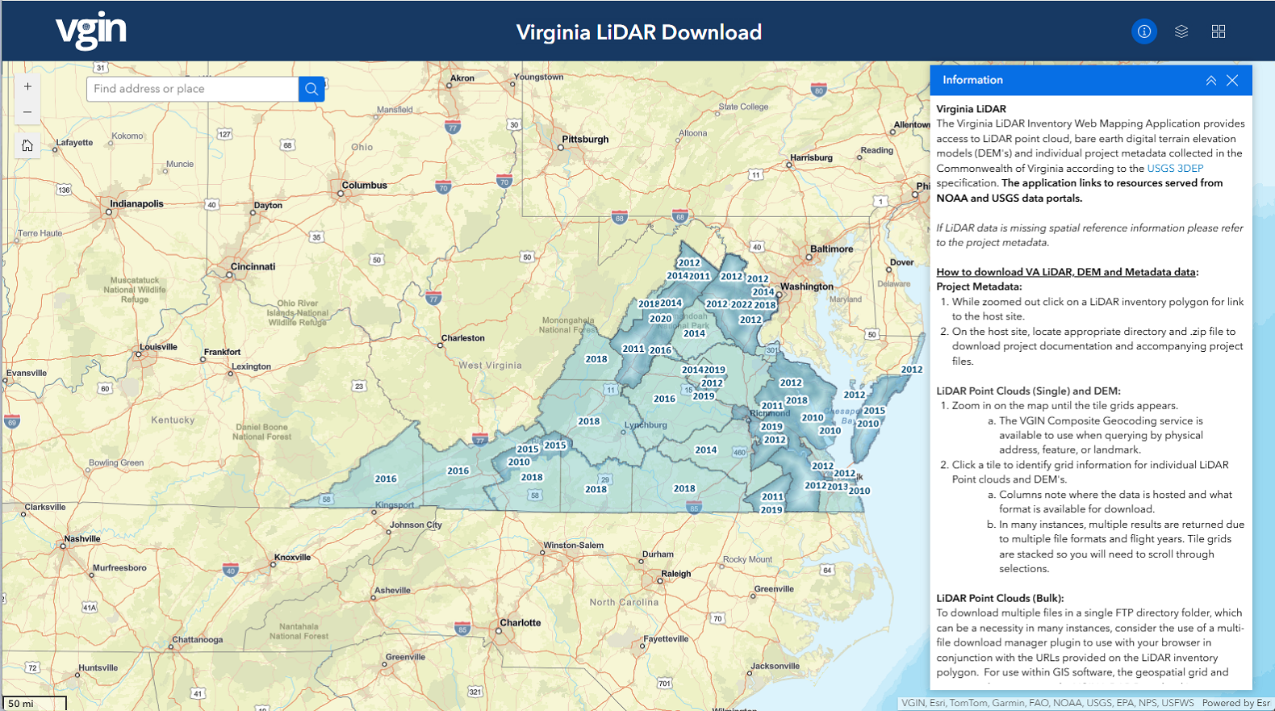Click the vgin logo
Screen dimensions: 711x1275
[x=90, y=31]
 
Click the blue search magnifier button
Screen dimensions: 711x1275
[x=311, y=89]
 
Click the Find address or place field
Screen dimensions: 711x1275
[x=192, y=89]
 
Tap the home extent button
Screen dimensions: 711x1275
[x=27, y=145]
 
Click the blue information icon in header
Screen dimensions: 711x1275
[x=1143, y=31]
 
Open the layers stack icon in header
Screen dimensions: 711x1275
[x=1181, y=31]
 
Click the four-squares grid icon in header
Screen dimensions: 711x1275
[x=1219, y=31]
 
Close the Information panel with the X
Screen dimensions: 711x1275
[x=1232, y=80]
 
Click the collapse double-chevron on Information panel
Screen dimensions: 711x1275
[x=1210, y=80]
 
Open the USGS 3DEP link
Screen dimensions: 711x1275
[x=1175, y=168]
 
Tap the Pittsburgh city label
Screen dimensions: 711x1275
[x=585, y=139]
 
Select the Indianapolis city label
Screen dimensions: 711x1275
[x=136, y=203]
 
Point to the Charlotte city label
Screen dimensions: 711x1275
[x=520, y=622]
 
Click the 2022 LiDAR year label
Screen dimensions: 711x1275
[x=741, y=304]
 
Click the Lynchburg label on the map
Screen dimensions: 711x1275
[x=646, y=425]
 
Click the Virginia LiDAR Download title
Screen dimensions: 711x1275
[x=638, y=32]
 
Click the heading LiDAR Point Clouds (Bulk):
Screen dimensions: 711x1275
[x=1000, y=598]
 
